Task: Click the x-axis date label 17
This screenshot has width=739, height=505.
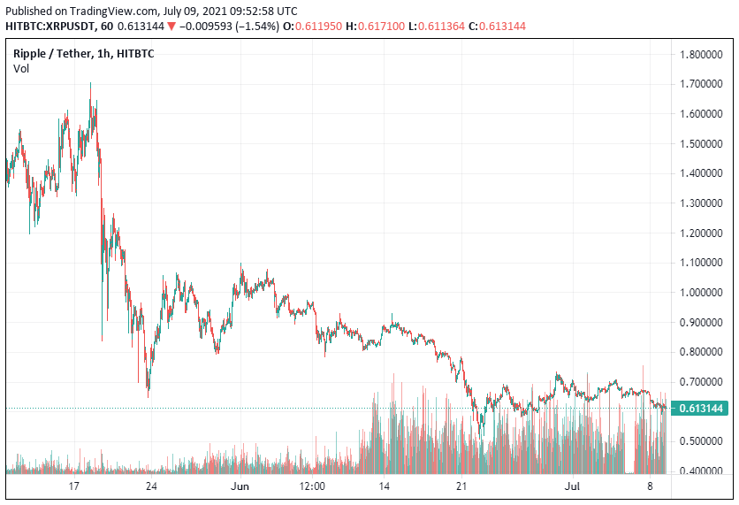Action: [x=74, y=486]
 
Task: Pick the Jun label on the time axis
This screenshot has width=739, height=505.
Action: [x=240, y=486]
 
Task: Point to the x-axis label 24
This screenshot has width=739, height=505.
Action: [x=151, y=486]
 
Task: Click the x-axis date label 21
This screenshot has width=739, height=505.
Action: [x=461, y=486]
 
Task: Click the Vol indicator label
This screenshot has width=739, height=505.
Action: [x=20, y=69]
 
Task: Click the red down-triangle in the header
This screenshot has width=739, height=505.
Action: [x=171, y=27]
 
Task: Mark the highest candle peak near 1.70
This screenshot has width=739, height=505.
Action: [x=90, y=84]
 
